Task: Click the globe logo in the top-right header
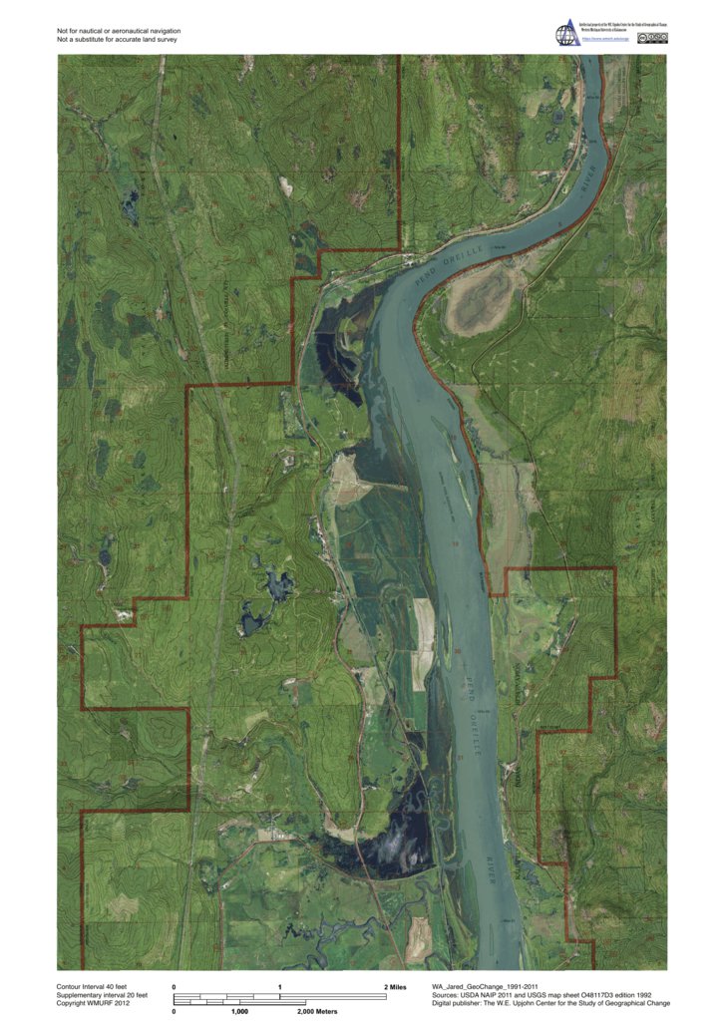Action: pyautogui.click(x=566, y=34)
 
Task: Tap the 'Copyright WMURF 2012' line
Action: pyautogui.click(x=94, y=1004)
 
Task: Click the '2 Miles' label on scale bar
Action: pyautogui.click(x=395, y=986)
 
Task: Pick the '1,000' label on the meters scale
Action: pyautogui.click(x=239, y=1011)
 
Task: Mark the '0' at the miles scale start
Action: pyautogui.click(x=175, y=986)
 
